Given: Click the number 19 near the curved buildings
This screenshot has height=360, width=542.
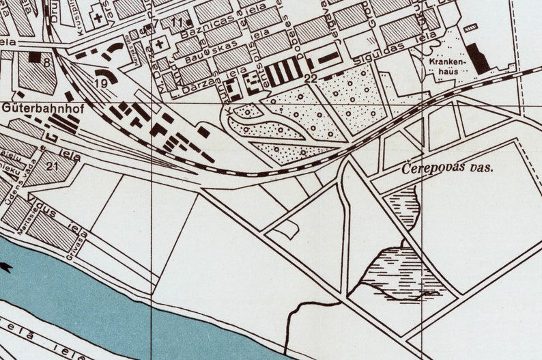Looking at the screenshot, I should (x=101, y=83).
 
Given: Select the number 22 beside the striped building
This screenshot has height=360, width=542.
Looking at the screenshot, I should (x=311, y=79).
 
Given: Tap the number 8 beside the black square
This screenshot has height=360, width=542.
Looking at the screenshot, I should (x=46, y=63).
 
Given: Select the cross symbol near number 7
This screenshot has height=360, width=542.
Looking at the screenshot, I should (x=160, y=44).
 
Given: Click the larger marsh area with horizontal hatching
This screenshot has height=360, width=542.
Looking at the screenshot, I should (x=399, y=273).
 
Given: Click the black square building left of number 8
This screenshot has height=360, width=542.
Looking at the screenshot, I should (x=33, y=57).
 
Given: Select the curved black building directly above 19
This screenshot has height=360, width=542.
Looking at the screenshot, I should (x=106, y=72).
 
